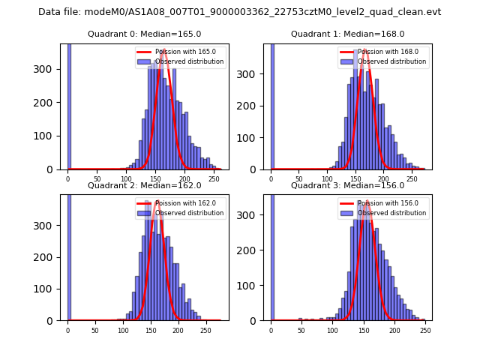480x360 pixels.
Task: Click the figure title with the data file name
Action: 239,12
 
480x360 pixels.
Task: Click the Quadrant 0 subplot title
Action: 145,34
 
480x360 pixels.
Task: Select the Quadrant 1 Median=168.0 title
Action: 347,34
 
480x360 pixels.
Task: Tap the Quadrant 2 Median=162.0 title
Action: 145,185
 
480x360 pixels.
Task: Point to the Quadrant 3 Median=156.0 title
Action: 347,185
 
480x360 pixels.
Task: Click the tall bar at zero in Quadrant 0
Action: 68,105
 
